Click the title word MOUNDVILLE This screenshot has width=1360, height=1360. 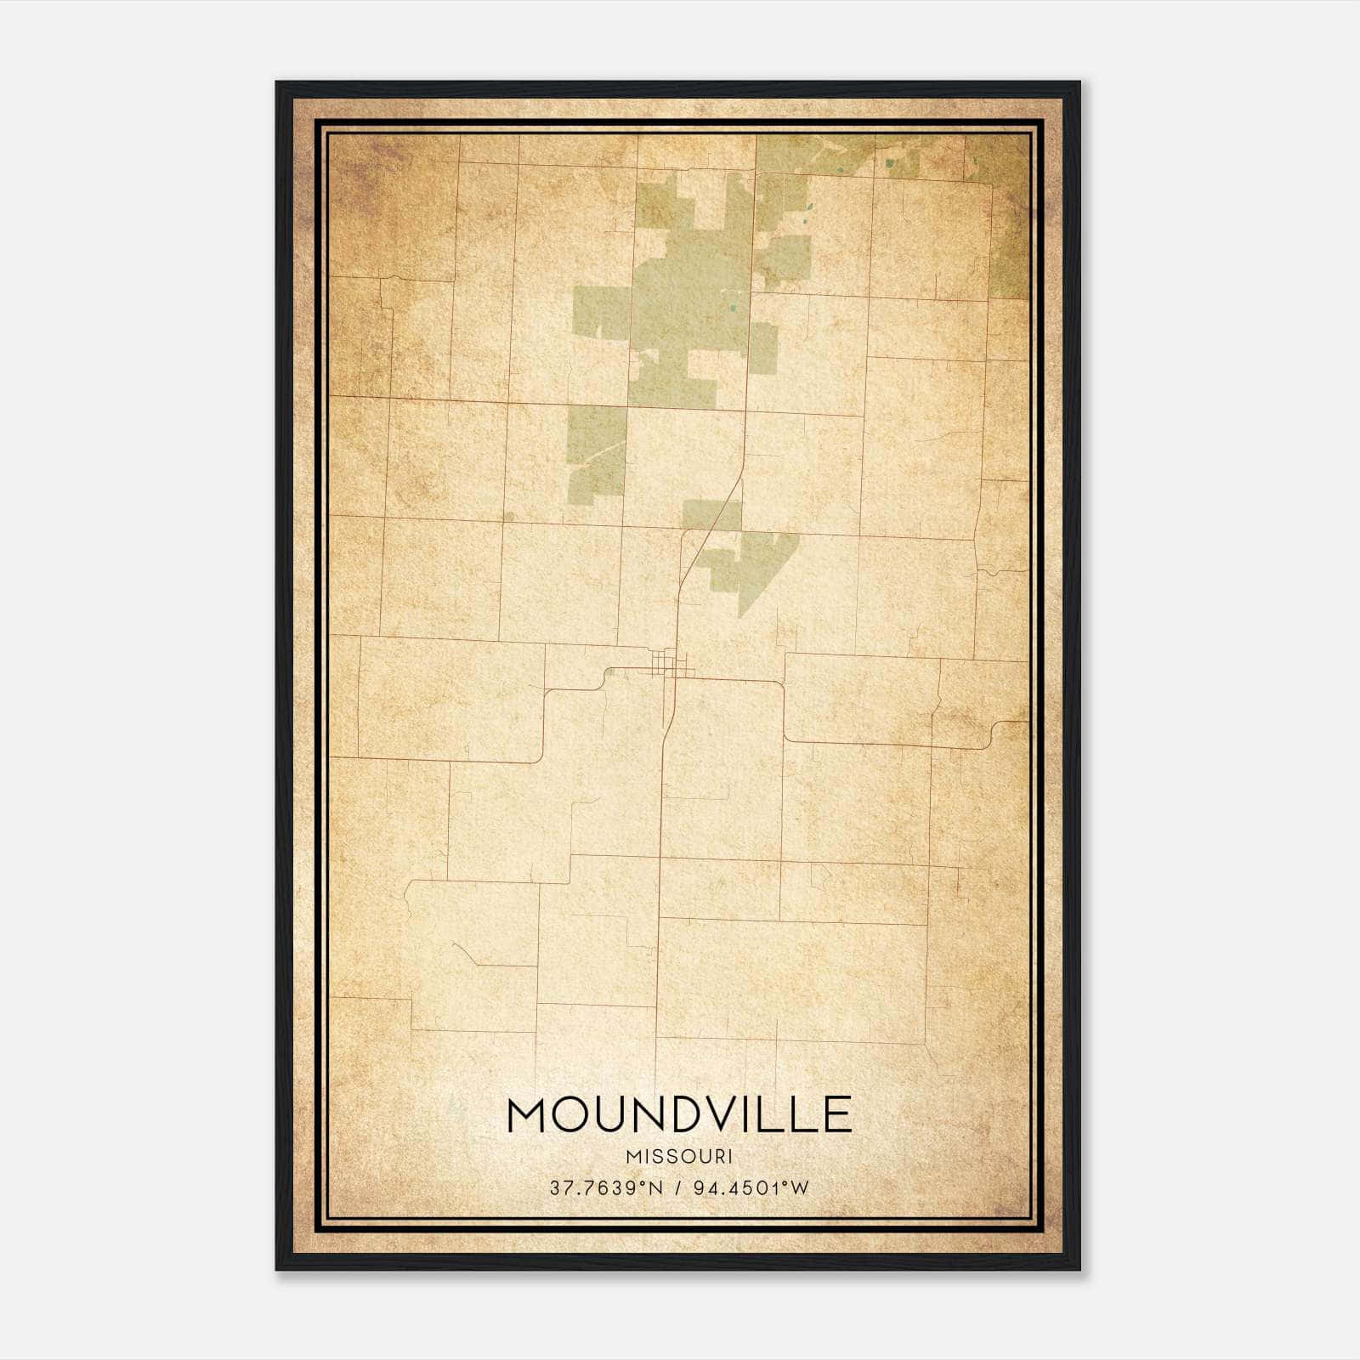click(678, 1114)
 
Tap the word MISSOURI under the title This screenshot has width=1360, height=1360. click(678, 1156)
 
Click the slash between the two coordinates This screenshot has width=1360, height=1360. click(677, 1188)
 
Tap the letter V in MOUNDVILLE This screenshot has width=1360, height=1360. click(718, 1114)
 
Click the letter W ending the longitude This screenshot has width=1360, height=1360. click(799, 1188)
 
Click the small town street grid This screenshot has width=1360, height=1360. click(663, 662)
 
